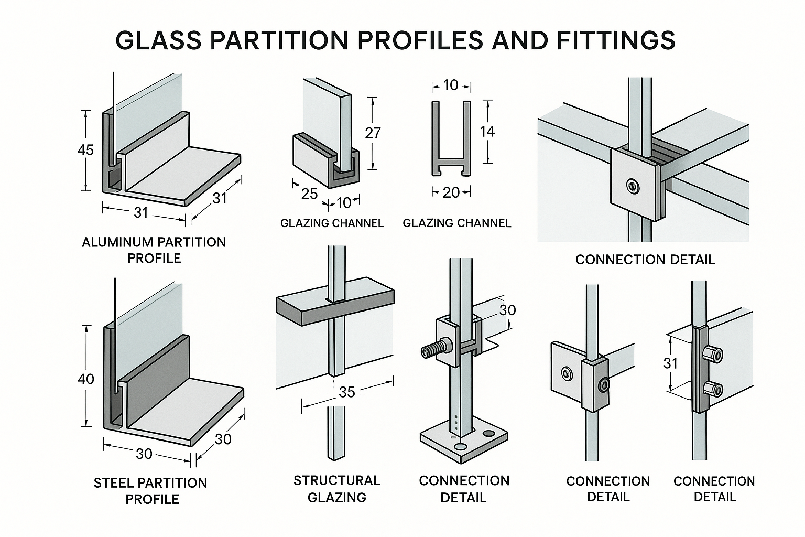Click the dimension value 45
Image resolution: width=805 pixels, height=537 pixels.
[85, 150]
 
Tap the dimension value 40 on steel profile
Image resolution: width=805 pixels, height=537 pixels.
[86, 379]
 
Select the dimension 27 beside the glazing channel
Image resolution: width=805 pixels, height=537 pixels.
[373, 133]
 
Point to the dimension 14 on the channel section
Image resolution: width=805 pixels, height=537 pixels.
[487, 131]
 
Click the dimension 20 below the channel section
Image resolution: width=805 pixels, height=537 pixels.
[451, 192]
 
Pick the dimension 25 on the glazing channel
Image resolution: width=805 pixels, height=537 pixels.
[309, 194]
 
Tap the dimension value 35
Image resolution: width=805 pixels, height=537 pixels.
[347, 392]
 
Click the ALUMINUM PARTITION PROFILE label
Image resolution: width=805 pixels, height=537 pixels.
[154, 250]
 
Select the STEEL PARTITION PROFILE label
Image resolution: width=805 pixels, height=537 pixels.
[150, 491]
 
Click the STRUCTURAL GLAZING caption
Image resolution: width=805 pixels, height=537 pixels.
[337, 489]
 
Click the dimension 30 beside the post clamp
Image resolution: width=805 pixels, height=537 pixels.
[507, 310]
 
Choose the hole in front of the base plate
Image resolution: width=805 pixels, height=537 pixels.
[461, 447]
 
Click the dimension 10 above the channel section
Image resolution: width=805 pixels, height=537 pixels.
[451, 85]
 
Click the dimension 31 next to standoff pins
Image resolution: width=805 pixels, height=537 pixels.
[671, 363]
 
